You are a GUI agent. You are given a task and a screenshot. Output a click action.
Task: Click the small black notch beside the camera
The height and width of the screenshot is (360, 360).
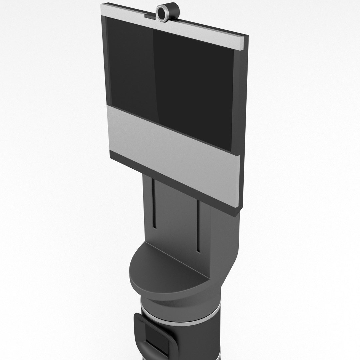tap(149, 15)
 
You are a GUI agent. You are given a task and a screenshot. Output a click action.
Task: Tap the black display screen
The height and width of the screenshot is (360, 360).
tap(173, 77)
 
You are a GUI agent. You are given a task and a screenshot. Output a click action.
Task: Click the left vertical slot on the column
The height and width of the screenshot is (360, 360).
tap(154, 203)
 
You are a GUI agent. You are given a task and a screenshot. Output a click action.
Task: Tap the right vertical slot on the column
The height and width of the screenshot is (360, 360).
tap(198, 227)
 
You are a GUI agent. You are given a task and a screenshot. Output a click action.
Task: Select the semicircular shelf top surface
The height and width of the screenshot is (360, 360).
tap(167, 267)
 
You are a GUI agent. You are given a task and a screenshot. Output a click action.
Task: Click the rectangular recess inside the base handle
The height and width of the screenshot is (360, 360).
tap(157, 340)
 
